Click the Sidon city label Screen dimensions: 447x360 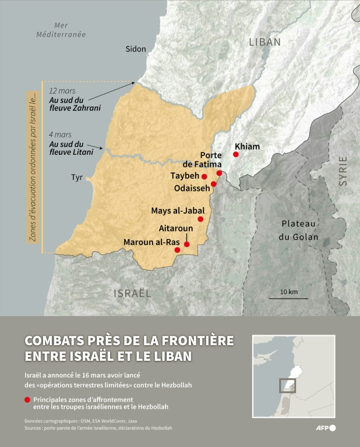click(136, 49)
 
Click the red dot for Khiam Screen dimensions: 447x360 click(236, 154)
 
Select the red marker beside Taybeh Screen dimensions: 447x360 click(204, 176)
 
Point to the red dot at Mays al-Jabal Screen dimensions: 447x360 click(200, 219)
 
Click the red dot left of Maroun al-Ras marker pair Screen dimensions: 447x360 click(177, 250)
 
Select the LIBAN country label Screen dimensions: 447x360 click(264, 42)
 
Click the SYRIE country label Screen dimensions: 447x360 click(343, 171)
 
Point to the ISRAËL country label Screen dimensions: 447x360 click(132, 293)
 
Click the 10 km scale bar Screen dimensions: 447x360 click(288, 298)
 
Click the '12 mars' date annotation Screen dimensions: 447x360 click(61, 91)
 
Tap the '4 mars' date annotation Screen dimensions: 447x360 click(60, 135)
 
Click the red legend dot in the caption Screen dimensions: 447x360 click(27, 400)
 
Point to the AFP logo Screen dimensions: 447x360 click(324, 428)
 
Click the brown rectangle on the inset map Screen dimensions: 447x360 click(287, 385)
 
